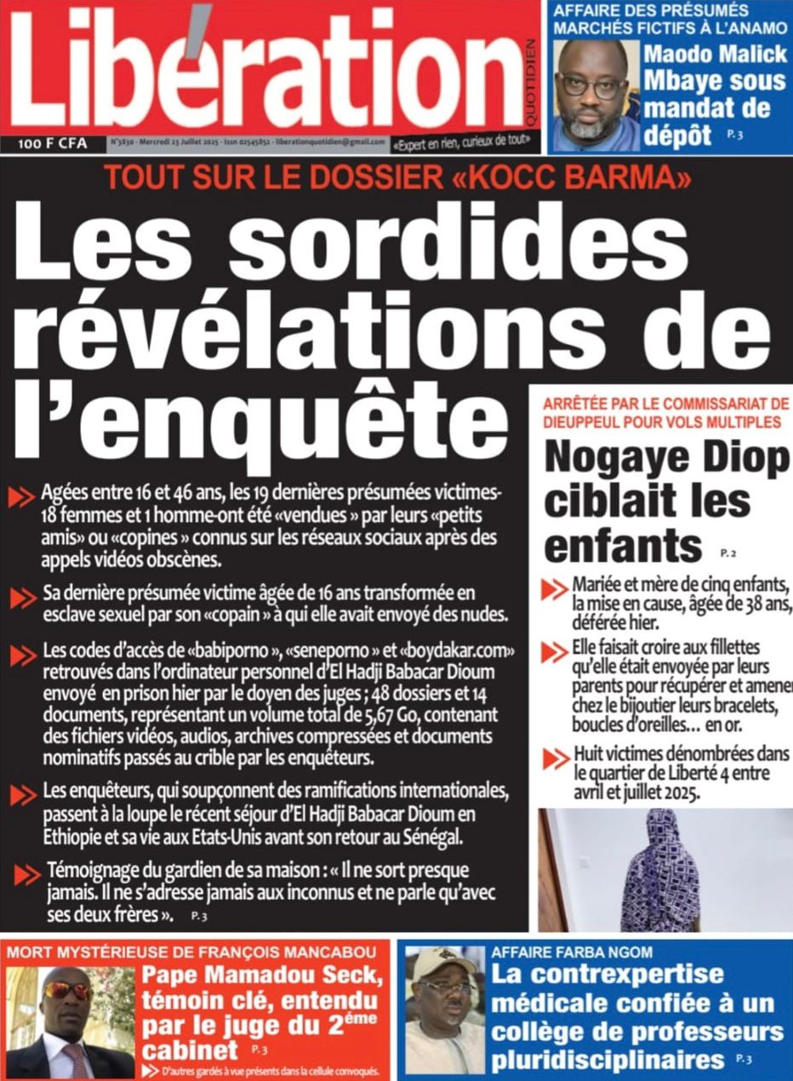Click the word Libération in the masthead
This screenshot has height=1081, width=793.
264,68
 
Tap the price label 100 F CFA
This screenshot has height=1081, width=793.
53,144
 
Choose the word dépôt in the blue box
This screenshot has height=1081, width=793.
677,134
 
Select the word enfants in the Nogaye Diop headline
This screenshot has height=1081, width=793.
623,546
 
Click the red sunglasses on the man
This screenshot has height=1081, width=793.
67,990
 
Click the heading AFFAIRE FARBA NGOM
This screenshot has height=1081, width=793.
572,952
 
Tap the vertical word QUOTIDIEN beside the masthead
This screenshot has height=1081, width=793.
531,77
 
